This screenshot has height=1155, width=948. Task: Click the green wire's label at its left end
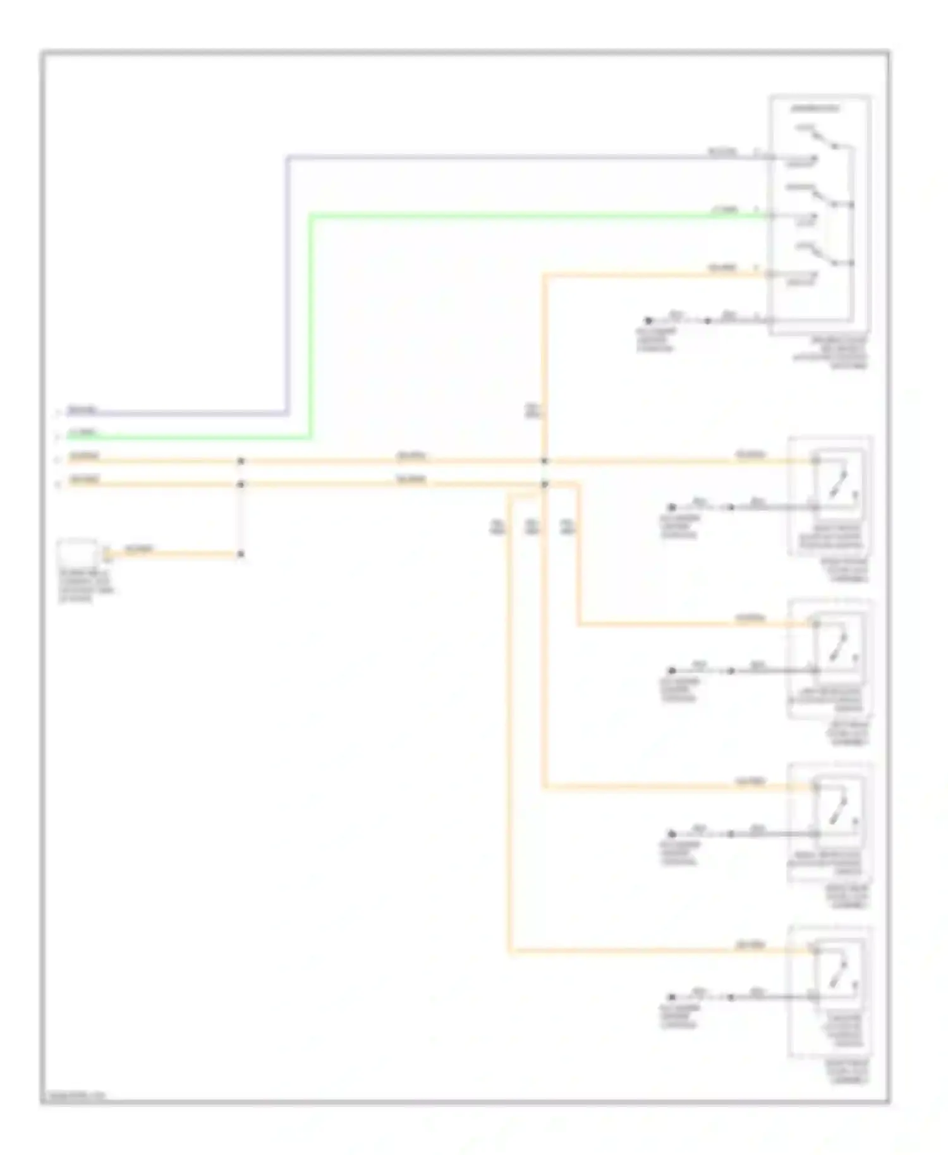[x=84, y=433]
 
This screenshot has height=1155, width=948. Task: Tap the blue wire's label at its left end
[x=83, y=410]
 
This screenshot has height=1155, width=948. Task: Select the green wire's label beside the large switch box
[x=724, y=210]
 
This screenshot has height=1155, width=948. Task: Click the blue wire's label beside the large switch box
[x=722, y=152]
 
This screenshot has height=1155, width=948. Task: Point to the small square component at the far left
[x=77, y=553]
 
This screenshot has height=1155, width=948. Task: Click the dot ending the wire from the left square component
[x=241, y=555]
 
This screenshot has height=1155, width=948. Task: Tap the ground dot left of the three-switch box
[x=648, y=321]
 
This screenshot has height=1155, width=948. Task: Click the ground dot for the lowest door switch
[x=672, y=997]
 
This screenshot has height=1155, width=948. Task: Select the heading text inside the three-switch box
[x=816, y=109]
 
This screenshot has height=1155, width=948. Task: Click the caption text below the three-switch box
[x=831, y=353]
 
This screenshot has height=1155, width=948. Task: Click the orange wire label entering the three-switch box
[x=722, y=269]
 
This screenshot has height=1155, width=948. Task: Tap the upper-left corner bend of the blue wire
[x=288, y=157]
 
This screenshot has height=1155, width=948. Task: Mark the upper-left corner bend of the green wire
[x=311, y=217]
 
